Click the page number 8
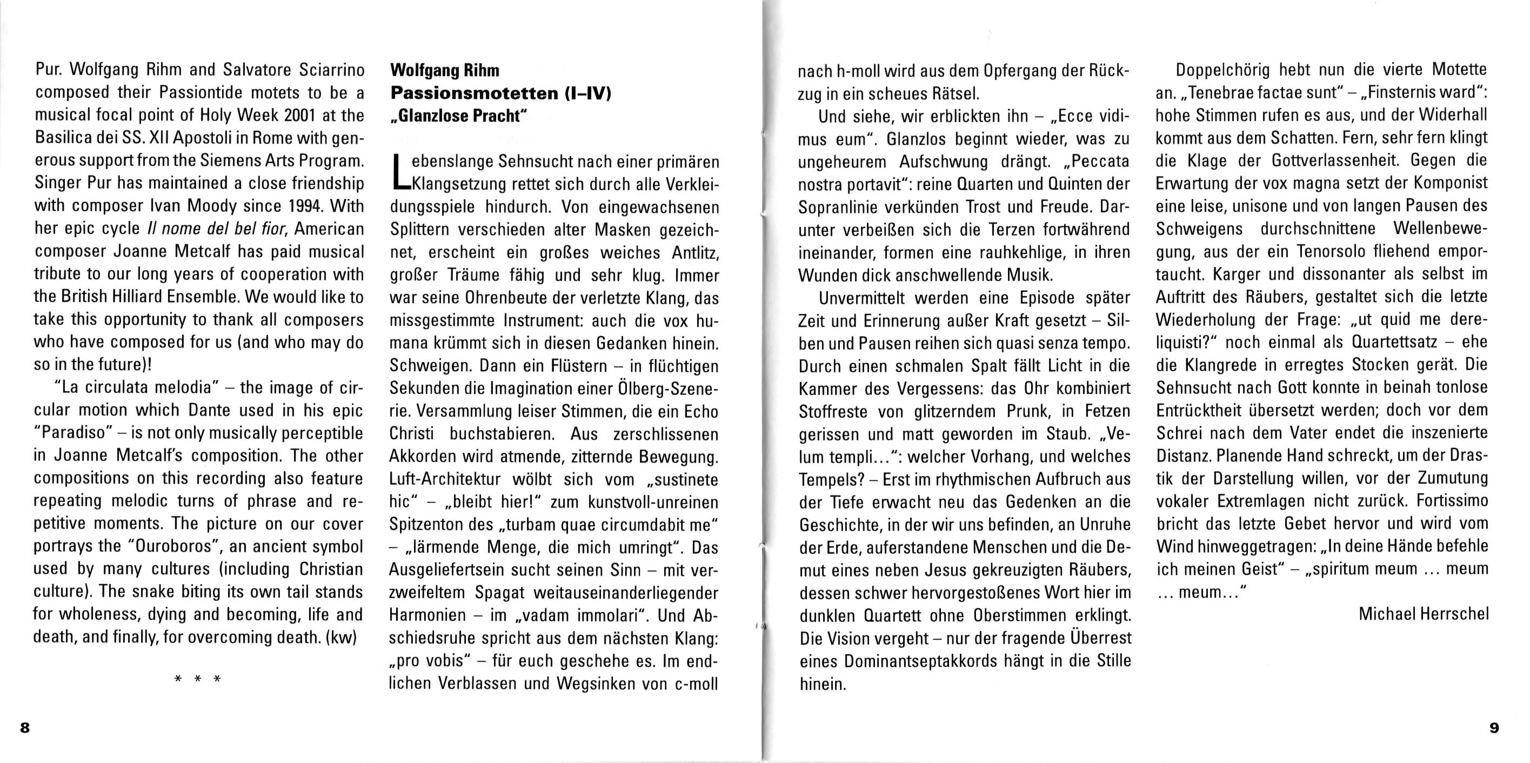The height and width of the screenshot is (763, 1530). point(24,727)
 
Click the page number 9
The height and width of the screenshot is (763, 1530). point(1494,727)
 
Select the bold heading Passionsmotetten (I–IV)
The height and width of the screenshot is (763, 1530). point(500,93)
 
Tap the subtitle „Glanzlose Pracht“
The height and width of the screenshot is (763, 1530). point(458,116)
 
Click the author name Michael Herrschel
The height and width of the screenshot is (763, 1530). point(1423,614)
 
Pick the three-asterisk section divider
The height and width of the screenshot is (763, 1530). point(197,679)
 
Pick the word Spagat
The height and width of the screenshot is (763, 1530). point(500,593)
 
